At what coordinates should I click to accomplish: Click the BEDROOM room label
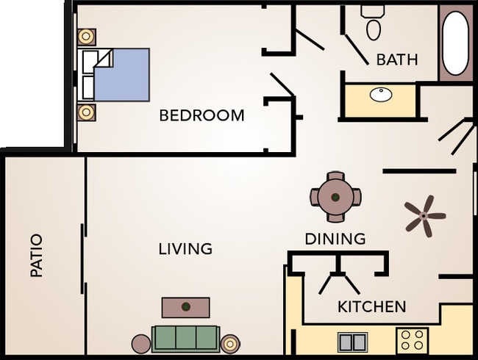pos(201,115)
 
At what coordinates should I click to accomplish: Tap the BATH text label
pos(396,60)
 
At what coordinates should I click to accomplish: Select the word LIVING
pos(185,248)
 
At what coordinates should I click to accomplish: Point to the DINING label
pos(335,239)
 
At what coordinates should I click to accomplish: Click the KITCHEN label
pos(371,306)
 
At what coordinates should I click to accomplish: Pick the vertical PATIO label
pos(36,255)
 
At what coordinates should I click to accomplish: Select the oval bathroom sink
pos(381,95)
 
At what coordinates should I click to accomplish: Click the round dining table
pos(335,197)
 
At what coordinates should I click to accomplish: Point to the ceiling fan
pos(424,215)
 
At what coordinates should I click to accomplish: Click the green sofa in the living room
pos(185,338)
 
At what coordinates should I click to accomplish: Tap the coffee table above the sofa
pos(185,306)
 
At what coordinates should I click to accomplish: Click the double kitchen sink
pos(353,342)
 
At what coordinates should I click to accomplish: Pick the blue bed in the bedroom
pos(119,74)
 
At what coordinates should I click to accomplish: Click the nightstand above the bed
pos(87,37)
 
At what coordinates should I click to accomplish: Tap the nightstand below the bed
pos(87,112)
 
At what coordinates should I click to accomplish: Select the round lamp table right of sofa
pos(231,343)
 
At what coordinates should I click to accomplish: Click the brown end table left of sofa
pos(141,343)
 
